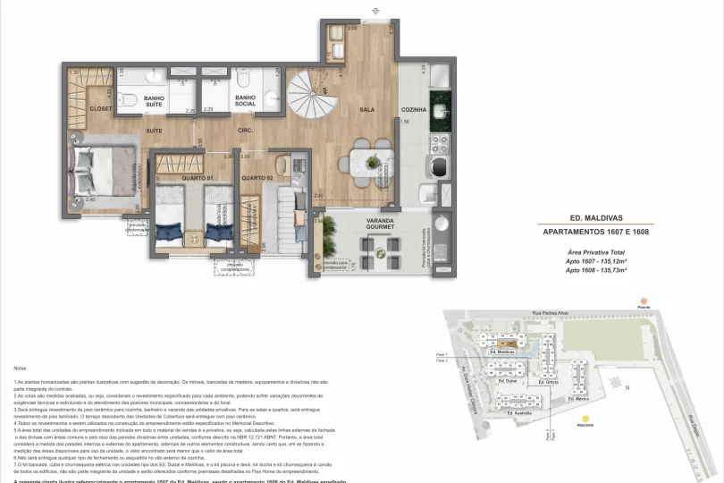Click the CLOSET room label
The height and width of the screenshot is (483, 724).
click(x=100, y=109)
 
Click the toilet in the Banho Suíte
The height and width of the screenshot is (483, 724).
click(x=128, y=98)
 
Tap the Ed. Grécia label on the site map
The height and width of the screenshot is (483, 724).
click(x=550, y=383)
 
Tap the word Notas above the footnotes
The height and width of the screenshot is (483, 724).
click(x=21, y=368)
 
